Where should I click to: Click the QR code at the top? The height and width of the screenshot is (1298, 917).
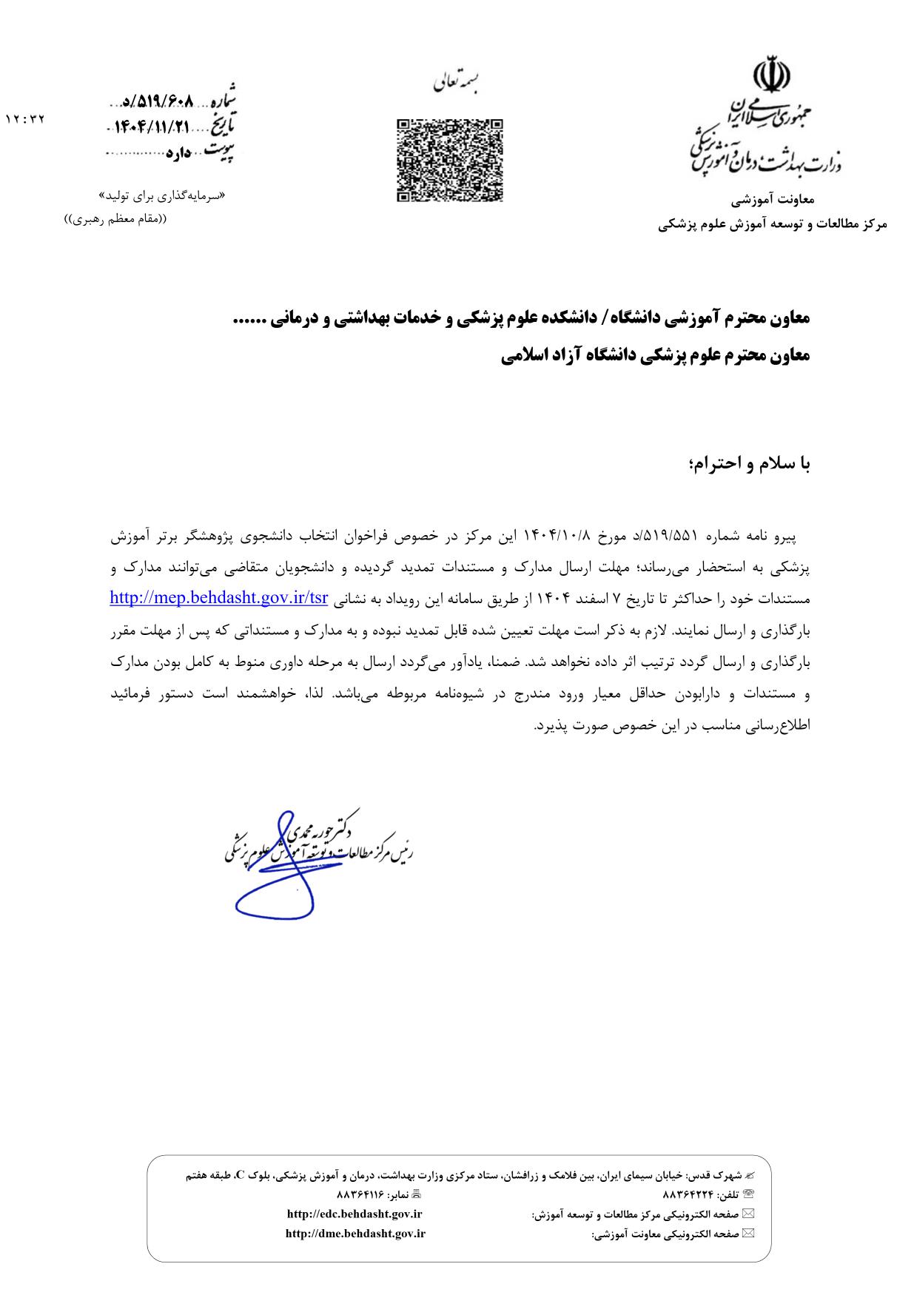450,161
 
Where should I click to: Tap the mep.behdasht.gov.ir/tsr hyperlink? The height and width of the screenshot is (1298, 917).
218,598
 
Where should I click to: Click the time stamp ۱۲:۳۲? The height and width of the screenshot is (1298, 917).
26,119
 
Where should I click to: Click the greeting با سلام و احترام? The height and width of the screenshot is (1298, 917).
750,464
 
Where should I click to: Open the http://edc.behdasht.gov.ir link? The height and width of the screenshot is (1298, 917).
354,1214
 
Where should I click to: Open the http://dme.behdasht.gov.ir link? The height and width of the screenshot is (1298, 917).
355,1233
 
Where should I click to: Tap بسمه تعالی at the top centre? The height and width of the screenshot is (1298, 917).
455,83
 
